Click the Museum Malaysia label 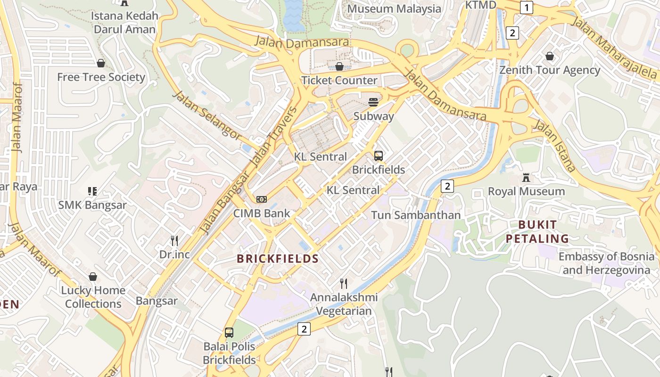(x=394, y=8)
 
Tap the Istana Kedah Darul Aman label (x=124, y=23)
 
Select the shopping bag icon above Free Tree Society (x=101, y=63)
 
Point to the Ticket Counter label (x=339, y=80)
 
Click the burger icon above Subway (x=374, y=102)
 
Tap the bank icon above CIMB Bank (x=262, y=199)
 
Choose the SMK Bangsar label (x=92, y=205)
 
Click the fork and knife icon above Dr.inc (x=174, y=241)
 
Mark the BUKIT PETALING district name (x=537, y=231)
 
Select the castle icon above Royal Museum (x=526, y=178)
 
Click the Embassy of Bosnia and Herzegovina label (x=606, y=263)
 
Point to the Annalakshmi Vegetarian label (x=344, y=304)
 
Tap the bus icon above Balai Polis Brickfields (x=229, y=333)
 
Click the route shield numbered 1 (x=526, y=8)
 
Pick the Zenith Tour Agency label (x=550, y=70)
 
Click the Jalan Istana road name (x=554, y=145)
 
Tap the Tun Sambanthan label (x=415, y=215)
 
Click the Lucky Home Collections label (x=93, y=297)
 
